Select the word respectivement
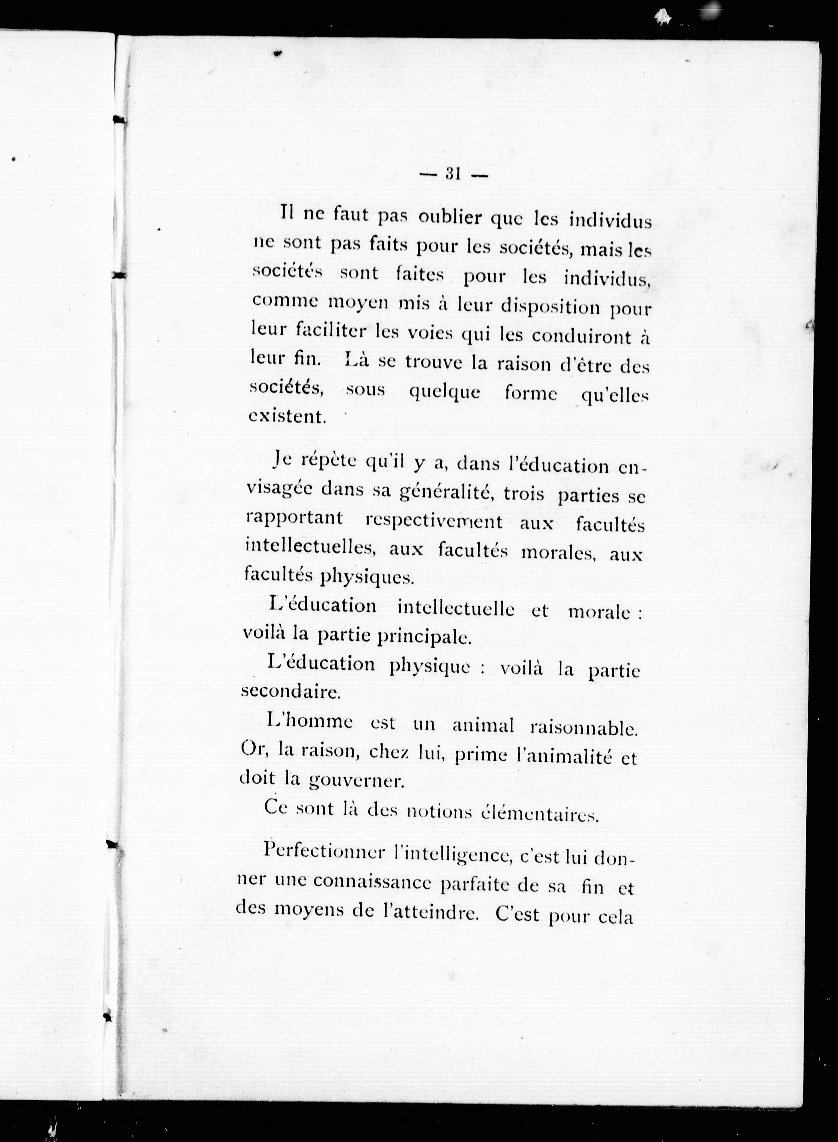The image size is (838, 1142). (434, 522)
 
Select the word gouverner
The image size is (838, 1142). (356, 782)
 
